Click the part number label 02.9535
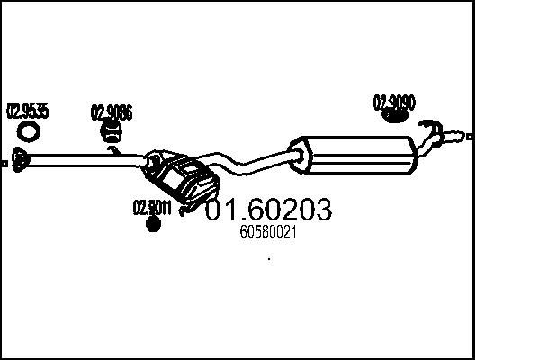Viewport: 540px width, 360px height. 28,112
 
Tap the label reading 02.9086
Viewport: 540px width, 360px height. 112,113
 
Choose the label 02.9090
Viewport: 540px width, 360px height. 394,103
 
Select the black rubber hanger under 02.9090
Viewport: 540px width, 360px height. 392,115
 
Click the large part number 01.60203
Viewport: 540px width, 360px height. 269,210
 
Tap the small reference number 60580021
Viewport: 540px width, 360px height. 269,232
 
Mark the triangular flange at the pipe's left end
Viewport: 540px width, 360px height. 20,160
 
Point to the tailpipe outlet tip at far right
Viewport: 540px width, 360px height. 460,137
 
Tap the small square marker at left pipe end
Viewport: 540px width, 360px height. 5,164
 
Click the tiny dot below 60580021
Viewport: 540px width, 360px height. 270,259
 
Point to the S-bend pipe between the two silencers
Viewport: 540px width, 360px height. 247,165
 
